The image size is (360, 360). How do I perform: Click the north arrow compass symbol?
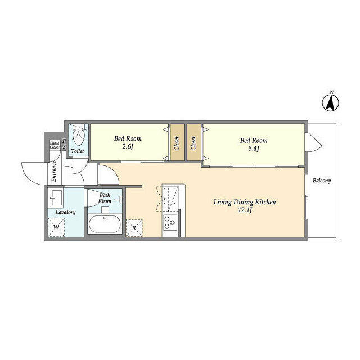pyautogui.click(x=331, y=103)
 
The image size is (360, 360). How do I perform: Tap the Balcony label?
pyautogui.click(x=322, y=181)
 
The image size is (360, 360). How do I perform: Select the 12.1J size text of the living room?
pyautogui.click(x=245, y=210)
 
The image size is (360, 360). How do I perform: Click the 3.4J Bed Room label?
pyautogui.click(x=254, y=145)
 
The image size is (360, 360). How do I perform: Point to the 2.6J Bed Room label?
pyautogui.click(x=128, y=142)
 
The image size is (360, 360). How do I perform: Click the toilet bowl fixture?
pyautogui.click(x=79, y=137)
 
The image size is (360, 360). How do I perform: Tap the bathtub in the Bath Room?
pyautogui.click(x=105, y=224)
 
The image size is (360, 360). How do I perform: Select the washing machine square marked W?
pyautogui.click(x=56, y=227)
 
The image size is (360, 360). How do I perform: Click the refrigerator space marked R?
pyautogui.click(x=134, y=228)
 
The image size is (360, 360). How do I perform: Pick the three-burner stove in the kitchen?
pyautogui.click(x=170, y=222)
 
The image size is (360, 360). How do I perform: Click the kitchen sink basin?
pyautogui.click(x=170, y=195)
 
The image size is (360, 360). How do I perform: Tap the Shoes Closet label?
pyautogui.click(x=55, y=145)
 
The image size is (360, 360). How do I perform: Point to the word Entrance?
pyautogui.click(x=54, y=171)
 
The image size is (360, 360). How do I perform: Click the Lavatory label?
pyautogui.click(x=65, y=212)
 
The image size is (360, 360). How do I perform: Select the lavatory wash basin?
pyautogui.click(x=56, y=197)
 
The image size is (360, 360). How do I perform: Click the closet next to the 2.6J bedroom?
pyautogui.click(x=177, y=142)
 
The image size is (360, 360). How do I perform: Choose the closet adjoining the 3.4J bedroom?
pyautogui.click(x=193, y=142)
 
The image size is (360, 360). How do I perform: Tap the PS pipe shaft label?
pyautogui.click(x=64, y=143)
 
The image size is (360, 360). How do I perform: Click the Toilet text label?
pyautogui.click(x=78, y=151)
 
